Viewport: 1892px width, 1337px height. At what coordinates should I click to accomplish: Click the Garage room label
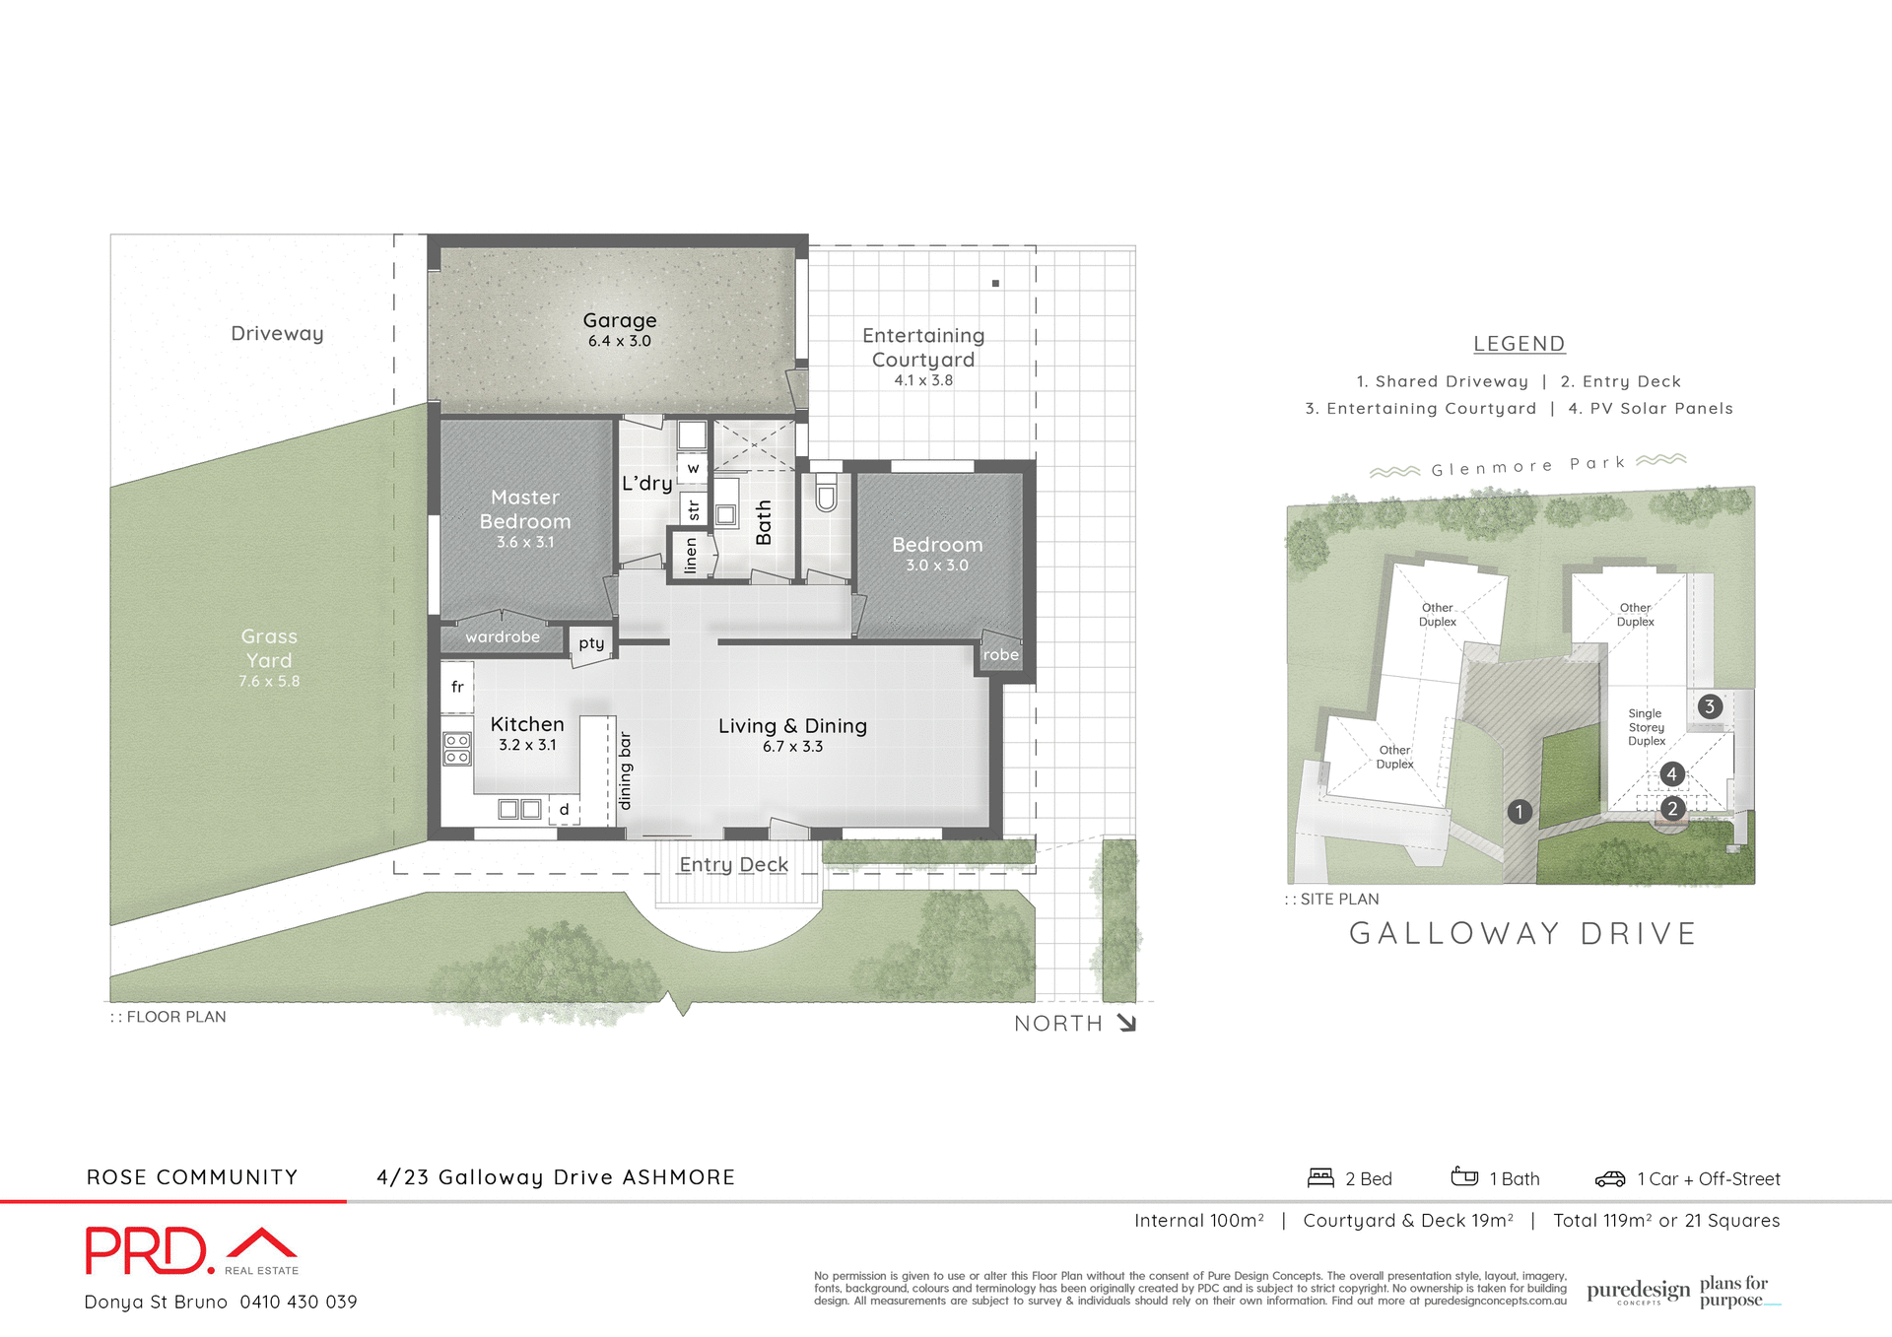[x=619, y=320]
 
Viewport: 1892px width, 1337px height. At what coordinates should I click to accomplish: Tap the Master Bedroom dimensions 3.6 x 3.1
[x=524, y=543]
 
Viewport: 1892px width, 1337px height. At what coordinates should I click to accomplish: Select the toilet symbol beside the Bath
[x=826, y=493]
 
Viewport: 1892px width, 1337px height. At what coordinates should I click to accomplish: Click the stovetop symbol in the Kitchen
[x=456, y=749]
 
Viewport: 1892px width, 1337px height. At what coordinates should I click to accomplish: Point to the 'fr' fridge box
[x=457, y=687]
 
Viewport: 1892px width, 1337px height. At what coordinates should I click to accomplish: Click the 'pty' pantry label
[x=591, y=642]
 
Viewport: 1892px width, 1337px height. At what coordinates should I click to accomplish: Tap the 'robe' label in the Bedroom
[x=1000, y=654]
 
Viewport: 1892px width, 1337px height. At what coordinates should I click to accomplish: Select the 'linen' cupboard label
[x=690, y=556]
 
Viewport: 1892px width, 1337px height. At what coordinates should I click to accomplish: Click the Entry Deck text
[x=733, y=864]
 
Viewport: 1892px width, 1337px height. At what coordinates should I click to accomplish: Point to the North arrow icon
[x=1127, y=1023]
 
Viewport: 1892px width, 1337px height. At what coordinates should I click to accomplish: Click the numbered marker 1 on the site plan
[x=1519, y=812]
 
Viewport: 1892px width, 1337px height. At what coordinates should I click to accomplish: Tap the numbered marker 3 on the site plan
[x=1710, y=706]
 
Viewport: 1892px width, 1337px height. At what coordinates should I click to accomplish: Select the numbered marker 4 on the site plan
[x=1671, y=774]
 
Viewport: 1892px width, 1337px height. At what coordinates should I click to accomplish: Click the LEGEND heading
[x=1519, y=344]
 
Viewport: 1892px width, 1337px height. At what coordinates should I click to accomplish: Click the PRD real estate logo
[x=191, y=1251]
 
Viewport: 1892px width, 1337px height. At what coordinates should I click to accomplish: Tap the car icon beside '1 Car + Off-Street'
[x=1609, y=1179]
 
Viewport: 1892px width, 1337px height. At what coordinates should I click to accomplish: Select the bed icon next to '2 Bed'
[x=1319, y=1178]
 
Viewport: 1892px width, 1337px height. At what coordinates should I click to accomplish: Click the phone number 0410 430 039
[x=298, y=1302]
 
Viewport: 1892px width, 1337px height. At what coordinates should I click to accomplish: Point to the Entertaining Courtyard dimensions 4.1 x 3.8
[x=922, y=380]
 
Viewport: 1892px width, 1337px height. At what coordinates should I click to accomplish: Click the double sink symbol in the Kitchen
[x=519, y=809]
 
